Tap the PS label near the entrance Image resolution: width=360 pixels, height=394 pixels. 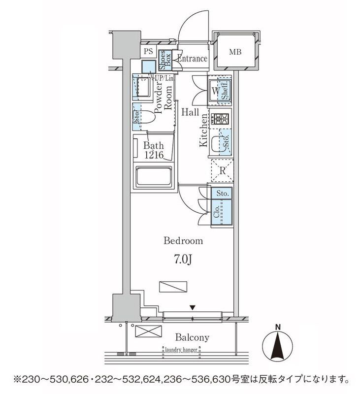[148, 51]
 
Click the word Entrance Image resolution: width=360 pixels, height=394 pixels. [192, 59]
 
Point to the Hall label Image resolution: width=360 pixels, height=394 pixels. [190, 112]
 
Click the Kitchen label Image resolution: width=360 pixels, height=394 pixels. [202, 130]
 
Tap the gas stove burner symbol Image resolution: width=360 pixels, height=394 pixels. [220, 119]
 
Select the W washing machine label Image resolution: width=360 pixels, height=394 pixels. [216, 91]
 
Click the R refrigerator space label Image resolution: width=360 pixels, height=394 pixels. [223, 171]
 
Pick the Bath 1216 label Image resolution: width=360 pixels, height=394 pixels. [153, 150]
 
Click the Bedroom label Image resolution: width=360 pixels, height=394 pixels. [183, 241]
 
